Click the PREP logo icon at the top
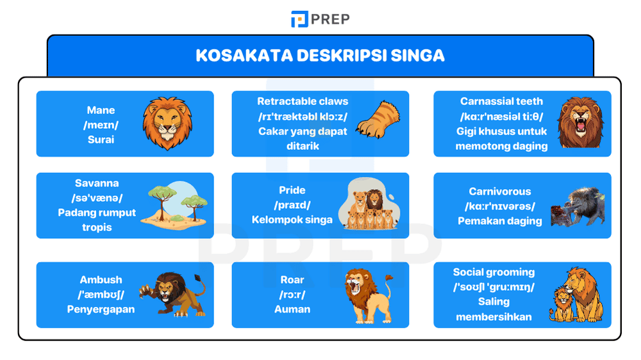click(299, 19)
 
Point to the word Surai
click(101, 139)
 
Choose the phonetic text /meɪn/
click(101, 125)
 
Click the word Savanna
click(97, 183)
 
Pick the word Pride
click(292, 190)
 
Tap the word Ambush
click(101, 280)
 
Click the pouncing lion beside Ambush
click(172, 294)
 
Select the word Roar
click(292, 280)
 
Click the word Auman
click(292, 309)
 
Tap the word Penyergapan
click(101, 309)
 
